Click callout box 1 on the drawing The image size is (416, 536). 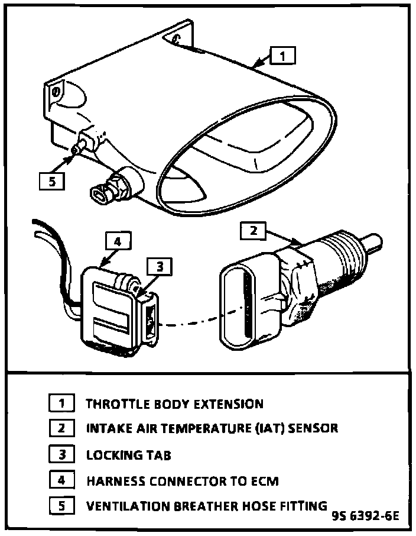(283, 56)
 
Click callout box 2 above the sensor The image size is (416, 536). (253, 231)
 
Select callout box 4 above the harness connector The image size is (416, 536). (118, 241)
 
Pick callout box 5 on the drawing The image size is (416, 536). (52, 181)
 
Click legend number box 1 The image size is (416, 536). (61, 404)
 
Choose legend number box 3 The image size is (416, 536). (61, 454)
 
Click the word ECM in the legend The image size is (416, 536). (263, 480)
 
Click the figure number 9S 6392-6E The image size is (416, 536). (365, 515)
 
